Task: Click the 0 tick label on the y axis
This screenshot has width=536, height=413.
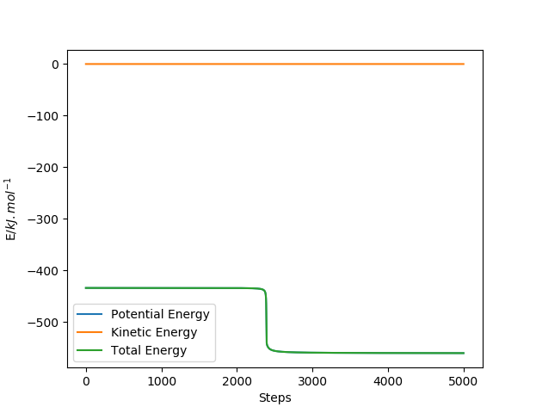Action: [x=55, y=65]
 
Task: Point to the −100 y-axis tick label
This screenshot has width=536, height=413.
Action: [x=43, y=116]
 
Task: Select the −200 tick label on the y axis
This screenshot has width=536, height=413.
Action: [x=43, y=168]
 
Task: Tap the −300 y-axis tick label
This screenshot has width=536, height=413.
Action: [x=43, y=219]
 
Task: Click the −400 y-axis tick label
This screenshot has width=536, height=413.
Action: [x=43, y=271]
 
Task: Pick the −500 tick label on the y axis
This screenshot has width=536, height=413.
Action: [x=43, y=323]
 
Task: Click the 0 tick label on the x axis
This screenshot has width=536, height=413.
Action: [x=86, y=381]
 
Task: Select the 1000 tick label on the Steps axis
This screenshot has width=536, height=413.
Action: [x=162, y=381]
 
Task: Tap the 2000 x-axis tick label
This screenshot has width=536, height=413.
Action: [x=237, y=381]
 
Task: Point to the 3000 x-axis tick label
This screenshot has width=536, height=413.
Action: [x=312, y=381]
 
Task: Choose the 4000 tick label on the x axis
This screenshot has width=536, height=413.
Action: [x=388, y=381]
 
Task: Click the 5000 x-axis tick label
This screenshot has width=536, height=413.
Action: [x=464, y=381]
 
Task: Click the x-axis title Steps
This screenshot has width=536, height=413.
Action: [x=275, y=398]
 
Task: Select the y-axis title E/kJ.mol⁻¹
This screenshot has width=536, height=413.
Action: [x=10, y=209]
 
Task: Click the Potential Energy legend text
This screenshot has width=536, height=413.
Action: [x=160, y=314]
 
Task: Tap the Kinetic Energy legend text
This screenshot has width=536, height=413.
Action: [x=154, y=332]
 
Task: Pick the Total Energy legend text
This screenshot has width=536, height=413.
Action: [x=149, y=350]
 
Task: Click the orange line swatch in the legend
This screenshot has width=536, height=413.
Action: [x=89, y=332]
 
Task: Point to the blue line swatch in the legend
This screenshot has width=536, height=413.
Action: [x=89, y=314]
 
